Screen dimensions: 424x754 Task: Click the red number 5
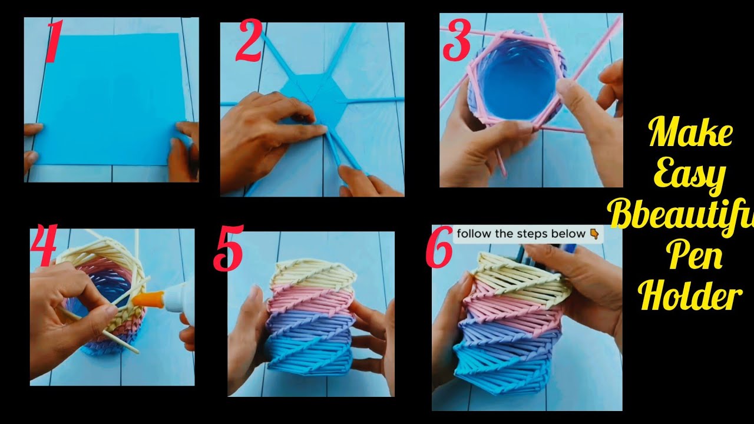pos(228,252)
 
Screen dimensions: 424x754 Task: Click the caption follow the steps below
pos(521,234)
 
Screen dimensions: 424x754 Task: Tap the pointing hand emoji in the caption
pos(594,234)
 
